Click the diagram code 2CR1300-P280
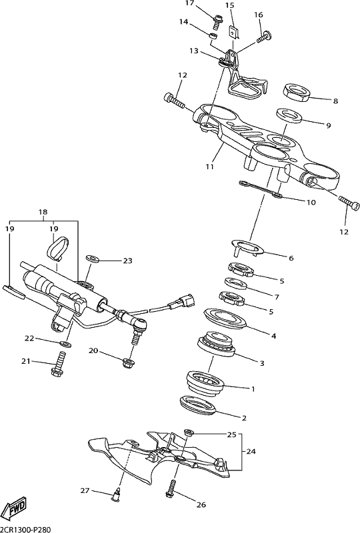point(25,529)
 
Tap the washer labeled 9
point(290,115)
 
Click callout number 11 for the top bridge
point(209,167)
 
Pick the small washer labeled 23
point(93,259)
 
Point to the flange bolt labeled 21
point(57,364)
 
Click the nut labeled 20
point(128,363)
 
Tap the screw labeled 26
point(171,488)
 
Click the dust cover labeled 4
point(226,318)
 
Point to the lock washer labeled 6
point(247,247)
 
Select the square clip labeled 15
point(233,32)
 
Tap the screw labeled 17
point(217,22)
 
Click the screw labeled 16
point(265,36)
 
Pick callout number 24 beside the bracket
point(251,452)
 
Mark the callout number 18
point(43,212)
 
